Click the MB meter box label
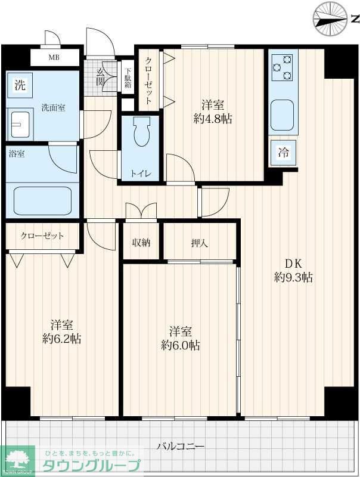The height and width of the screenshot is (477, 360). click(54, 57)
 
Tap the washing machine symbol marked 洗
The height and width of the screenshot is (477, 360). click(20, 85)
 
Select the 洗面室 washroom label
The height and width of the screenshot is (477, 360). click(53, 107)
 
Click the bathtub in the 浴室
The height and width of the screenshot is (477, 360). click(43, 201)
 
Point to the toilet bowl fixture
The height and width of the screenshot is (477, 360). click(142, 131)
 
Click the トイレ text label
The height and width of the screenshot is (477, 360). click(141, 174)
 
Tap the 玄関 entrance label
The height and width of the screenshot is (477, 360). click(100, 77)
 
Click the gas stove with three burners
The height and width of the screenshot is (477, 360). click(283, 67)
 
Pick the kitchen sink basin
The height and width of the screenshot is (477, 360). click(282, 115)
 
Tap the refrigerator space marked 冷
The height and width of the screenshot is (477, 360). click(283, 153)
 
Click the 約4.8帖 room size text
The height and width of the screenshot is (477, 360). click(213, 119)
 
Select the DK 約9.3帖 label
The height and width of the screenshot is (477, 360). click(293, 271)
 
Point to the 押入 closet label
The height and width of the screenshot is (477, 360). click(200, 243)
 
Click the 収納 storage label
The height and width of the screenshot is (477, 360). click(141, 243)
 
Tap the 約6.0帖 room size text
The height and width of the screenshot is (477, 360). click(181, 345)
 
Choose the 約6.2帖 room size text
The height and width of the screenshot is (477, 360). click(62, 339)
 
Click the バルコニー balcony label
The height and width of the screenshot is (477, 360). click(181, 447)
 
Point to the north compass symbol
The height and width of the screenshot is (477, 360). click(331, 19)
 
